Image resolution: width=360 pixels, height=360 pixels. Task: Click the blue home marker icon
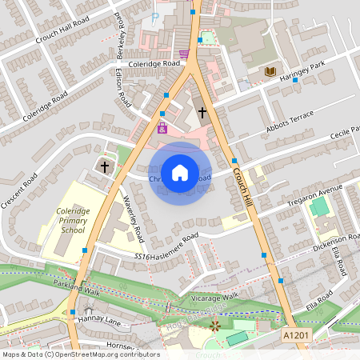(x=180, y=173)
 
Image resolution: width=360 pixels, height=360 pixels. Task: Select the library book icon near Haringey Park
(x=270, y=72)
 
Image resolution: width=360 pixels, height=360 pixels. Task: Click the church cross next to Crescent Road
(x=105, y=166)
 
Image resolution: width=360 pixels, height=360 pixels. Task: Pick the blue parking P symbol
(x=155, y=17)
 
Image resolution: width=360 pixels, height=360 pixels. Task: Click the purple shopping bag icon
(x=162, y=128)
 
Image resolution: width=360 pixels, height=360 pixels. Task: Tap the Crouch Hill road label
(x=243, y=189)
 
